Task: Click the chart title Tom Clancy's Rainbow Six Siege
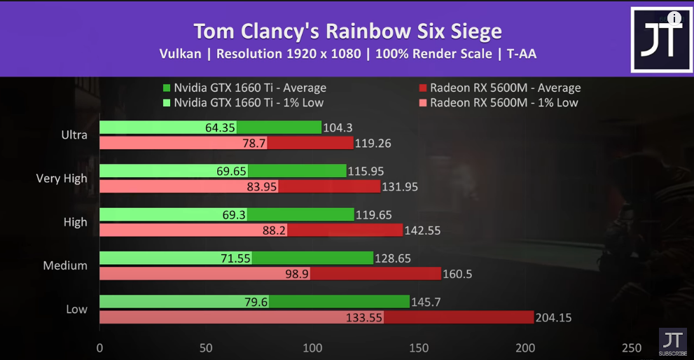click(x=347, y=32)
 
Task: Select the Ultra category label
click(x=74, y=134)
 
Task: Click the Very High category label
click(x=62, y=178)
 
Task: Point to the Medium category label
click(x=65, y=265)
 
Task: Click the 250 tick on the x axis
click(x=632, y=348)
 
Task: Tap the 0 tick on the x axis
click(x=99, y=348)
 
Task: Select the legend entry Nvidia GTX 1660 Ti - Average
click(x=244, y=88)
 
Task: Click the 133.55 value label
click(x=364, y=317)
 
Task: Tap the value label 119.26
click(x=373, y=143)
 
